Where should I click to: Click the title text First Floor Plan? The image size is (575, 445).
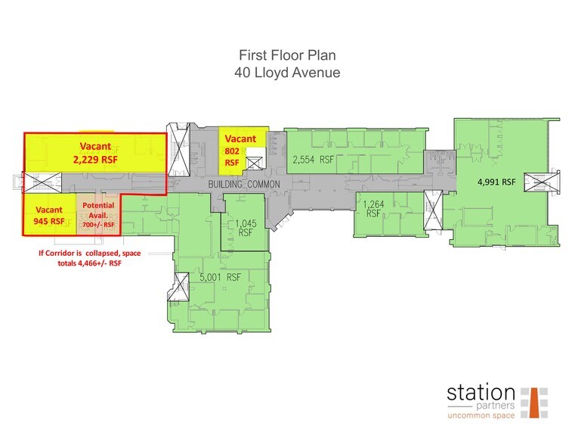point(287,56)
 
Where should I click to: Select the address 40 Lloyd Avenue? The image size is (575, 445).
point(287,73)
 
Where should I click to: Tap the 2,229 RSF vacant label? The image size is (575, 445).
point(96,154)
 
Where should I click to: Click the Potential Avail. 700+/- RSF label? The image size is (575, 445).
point(98,215)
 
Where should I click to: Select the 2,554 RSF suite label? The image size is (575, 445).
point(314,160)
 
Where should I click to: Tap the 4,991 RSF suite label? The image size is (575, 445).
point(496,182)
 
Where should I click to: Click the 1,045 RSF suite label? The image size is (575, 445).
point(243,229)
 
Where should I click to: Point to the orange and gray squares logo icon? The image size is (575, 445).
point(534,402)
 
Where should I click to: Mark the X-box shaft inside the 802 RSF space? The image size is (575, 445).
point(255,162)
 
